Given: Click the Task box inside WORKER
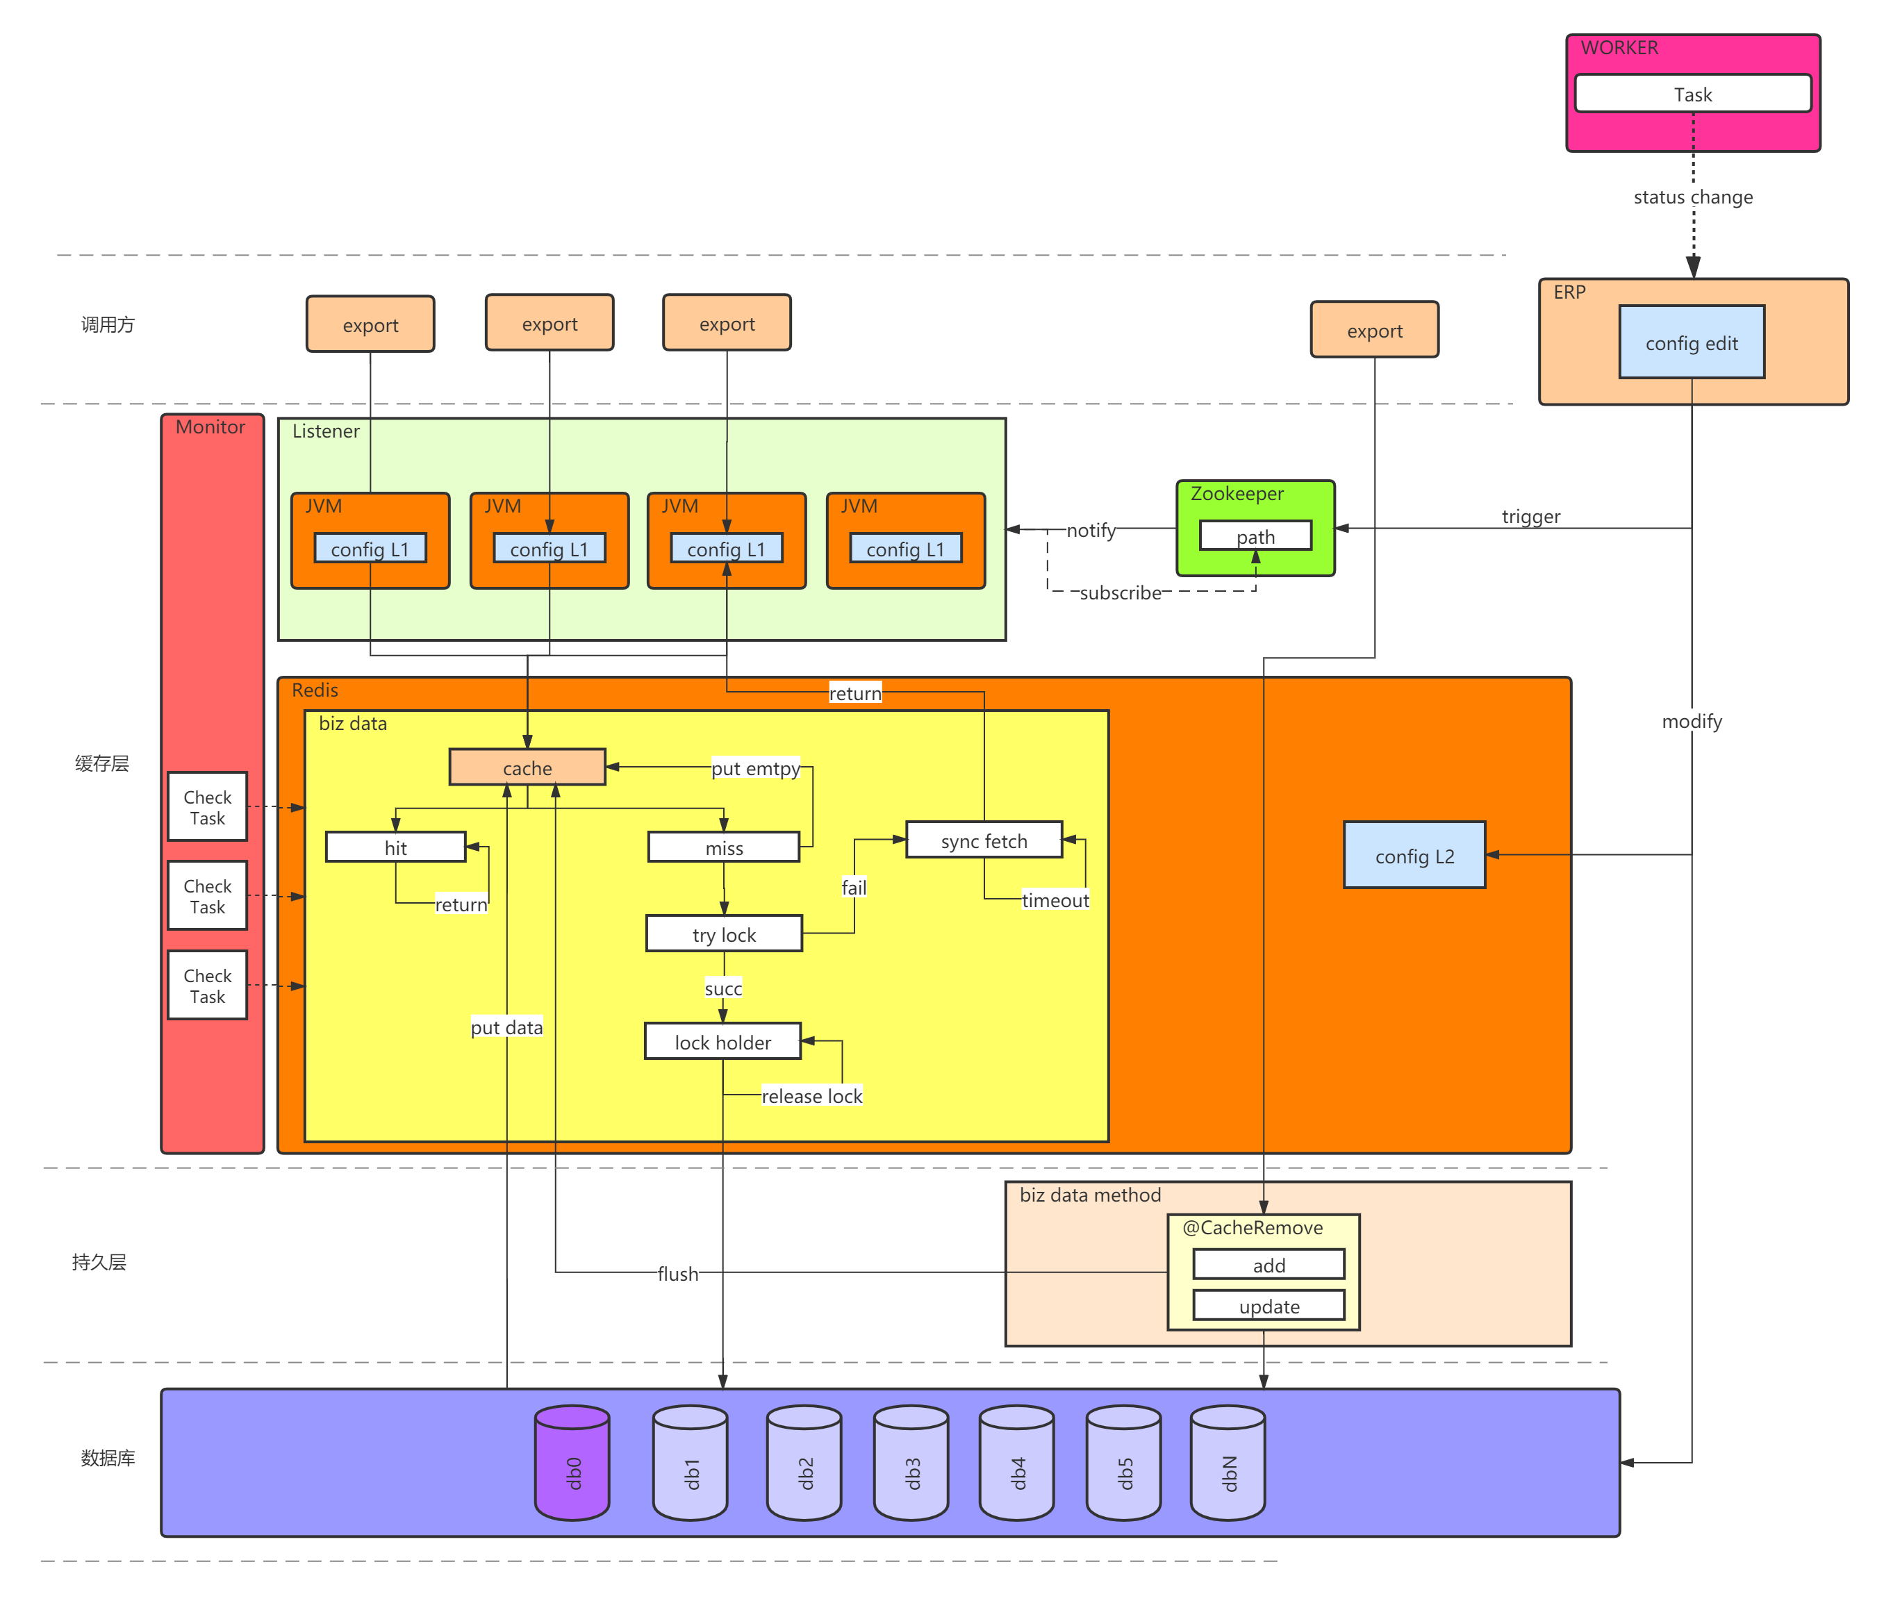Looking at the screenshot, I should [x=1692, y=94].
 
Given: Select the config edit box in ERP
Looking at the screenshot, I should [x=1692, y=342].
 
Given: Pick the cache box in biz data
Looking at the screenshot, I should [x=527, y=767].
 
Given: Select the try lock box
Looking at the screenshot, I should [x=724, y=933].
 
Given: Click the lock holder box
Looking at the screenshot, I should [x=723, y=1042].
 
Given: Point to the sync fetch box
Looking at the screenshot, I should [x=984, y=840].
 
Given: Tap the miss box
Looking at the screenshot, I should [x=724, y=847].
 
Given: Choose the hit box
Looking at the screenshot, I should [x=395, y=847].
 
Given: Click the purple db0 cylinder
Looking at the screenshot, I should [x=572, y=1463].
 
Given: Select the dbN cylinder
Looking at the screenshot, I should [x=1228, y=1463].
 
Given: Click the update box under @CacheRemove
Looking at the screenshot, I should [x=1269, y=1306].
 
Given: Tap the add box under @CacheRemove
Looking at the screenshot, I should [x=1269, y=1265].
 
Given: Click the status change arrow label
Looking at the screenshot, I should [x=1692, y=197].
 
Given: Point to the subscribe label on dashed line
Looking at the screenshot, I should [x=1121, y=592].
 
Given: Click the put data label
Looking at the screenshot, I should [x=506, y=1027].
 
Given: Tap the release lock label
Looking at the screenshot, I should [x=812, y=1096].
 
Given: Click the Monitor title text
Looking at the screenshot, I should [x=210, y=427].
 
